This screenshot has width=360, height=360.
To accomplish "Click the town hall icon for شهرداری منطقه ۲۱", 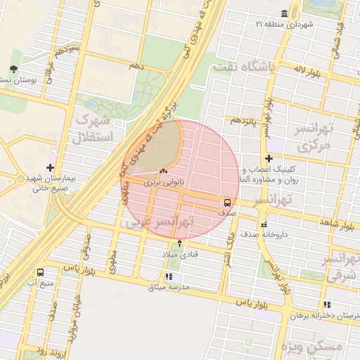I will click(x=284, y=14).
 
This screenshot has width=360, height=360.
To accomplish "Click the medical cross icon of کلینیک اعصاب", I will click(x=269, y=159).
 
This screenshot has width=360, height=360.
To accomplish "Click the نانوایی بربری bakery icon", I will click(x=164, y=171).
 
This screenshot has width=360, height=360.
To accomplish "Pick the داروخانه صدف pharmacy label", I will click(x=263, y=235).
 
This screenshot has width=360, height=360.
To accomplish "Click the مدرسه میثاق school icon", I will click(x=168, y=276).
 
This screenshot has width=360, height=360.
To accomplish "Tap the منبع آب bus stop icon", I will click(x=40, y=271).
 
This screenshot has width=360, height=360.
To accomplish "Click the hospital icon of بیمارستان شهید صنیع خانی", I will click(x=49, y=167).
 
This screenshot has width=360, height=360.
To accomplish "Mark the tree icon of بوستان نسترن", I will click(x=13, y=69).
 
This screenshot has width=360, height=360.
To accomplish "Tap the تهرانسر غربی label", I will click(x=160, y=222).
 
